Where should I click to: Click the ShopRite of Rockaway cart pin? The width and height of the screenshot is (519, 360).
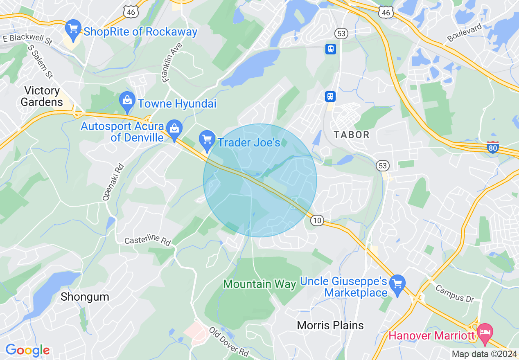click(74, 29)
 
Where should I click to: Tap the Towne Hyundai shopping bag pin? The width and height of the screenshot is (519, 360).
click(127, 102)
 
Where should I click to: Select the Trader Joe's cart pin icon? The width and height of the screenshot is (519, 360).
click(207, 140)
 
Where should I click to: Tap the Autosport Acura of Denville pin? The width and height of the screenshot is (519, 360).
click(175, 130)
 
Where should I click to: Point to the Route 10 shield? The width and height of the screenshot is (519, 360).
click(316, 221)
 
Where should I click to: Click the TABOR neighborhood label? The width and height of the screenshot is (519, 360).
click(351, 135)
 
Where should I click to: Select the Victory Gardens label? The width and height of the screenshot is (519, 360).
click(42, 96)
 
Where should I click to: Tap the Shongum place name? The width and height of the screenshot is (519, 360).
click(85, 297)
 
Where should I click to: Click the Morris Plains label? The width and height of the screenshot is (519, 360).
click(330, 325)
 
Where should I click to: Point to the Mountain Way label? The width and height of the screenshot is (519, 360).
click(260, 284)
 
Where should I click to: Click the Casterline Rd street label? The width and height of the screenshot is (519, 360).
click(147, 241)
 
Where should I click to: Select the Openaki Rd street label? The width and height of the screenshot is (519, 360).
click(108, 182)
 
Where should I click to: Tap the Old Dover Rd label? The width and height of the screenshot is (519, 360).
click(229, 341)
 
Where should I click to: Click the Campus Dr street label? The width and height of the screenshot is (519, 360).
click(454, 294)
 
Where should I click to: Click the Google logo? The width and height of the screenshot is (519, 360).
click(27, 351)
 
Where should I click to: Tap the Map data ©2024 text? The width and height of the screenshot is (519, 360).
click(484, 354)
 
